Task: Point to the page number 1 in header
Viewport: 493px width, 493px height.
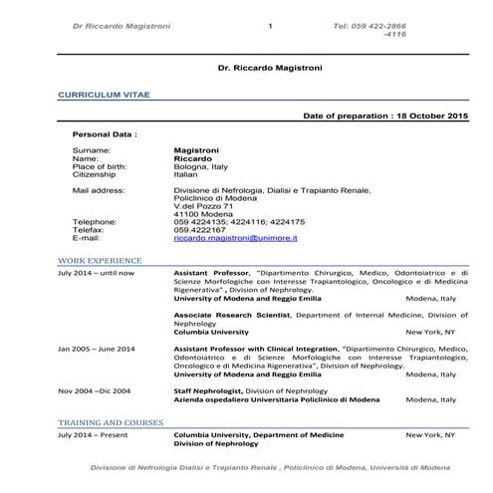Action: (270, 24)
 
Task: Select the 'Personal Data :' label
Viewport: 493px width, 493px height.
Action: (105, 132)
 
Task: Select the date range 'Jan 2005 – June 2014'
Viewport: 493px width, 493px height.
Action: (97, 349)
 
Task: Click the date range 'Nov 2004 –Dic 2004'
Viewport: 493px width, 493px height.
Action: (95, 390)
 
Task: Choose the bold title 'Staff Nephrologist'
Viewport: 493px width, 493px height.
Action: (208, 390)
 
